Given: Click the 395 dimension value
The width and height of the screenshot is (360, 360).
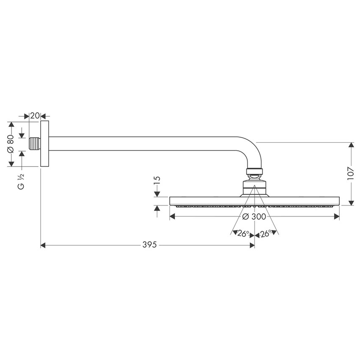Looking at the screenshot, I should pyautogui.click(x=150, y=245).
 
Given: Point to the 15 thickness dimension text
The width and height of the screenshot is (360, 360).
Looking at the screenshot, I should pyautogui.click(x=157, y=180).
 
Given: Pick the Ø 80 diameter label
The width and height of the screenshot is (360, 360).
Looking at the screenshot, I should pyautogui.click(x=11, y=144).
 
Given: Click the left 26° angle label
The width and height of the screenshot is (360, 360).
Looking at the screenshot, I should pyautogui.click(x=243, y=233).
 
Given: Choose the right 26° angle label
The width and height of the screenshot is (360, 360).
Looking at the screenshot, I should pyautogui.click(x=266, y=233).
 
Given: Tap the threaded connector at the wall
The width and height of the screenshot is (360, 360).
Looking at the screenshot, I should pyautogui.click(x=35, y=144).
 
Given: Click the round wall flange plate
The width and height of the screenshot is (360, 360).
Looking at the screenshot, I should pyautogui.click(x=44, y=144).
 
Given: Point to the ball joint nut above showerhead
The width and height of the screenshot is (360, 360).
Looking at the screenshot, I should pyautogui.click(x=254, y=172).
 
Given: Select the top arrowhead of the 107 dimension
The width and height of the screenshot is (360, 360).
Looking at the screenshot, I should pyautogui.click(x=351, y=146).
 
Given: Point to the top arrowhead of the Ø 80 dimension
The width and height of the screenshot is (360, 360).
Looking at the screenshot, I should pyautogui.click(x=11, y=125).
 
